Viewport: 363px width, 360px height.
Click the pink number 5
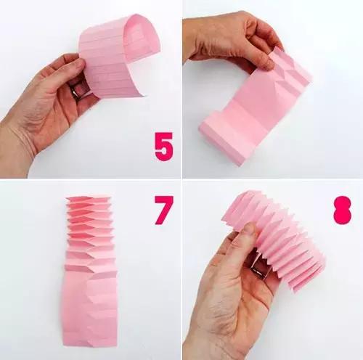[x=164, y=147]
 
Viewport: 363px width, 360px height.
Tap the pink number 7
[x=163, y=210]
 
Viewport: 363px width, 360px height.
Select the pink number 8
[x=342, y=210]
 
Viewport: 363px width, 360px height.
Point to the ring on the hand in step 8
[x=258, y=271]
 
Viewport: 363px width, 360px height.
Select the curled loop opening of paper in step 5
[x=139, y=34]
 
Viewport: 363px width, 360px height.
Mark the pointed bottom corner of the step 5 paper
[x=144, y=96]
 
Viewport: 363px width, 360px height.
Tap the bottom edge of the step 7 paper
[x=90, y=344]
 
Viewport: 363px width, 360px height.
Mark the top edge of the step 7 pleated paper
[x=89, y=198]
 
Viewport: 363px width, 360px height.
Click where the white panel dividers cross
[x=181, y=179]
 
